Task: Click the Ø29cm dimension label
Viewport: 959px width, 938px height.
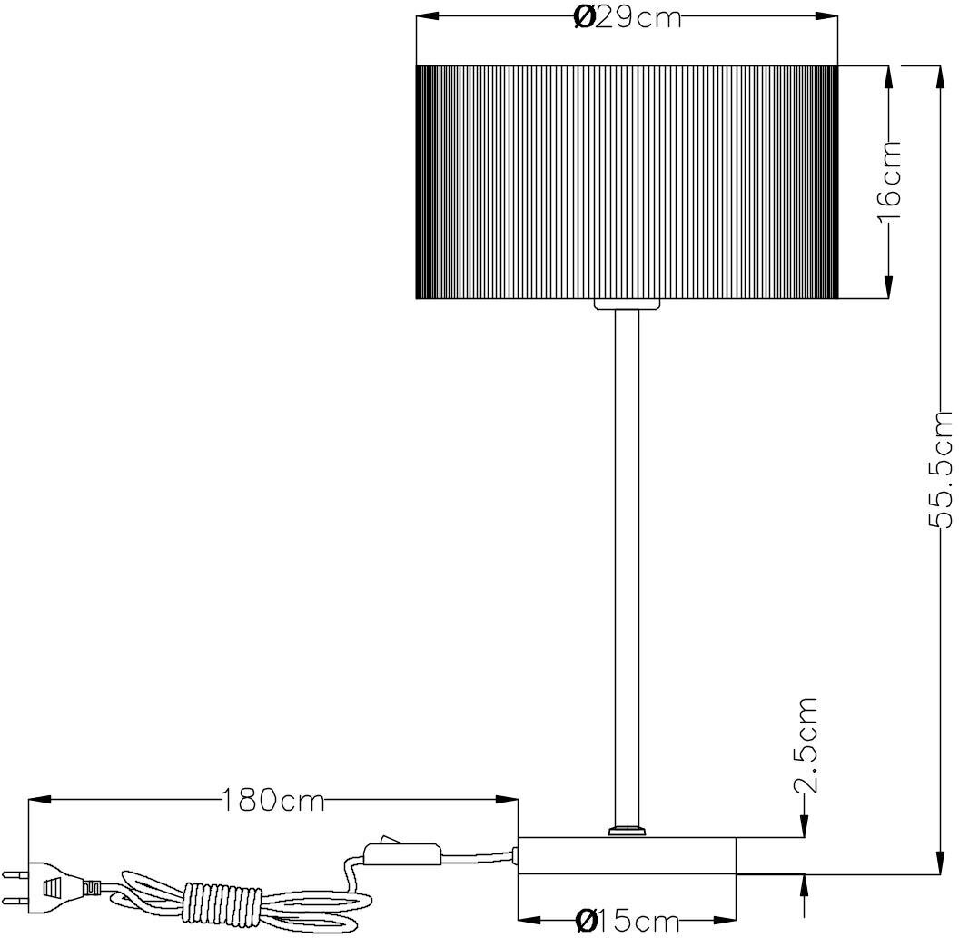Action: [x=628, y=17]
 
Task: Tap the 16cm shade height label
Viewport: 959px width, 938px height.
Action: [x=889, y=182]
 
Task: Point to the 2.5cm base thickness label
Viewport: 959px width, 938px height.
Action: [x=806, y=745]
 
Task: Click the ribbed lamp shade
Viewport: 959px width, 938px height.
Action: [x=627, y=182]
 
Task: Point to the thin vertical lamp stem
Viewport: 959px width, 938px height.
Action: [x=627, y=564]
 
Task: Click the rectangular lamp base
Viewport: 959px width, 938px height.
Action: [x=627, y=855]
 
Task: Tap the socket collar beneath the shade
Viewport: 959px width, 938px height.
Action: [x=627, y=304]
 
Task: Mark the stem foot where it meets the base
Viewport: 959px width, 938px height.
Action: [x=627, y=830]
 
